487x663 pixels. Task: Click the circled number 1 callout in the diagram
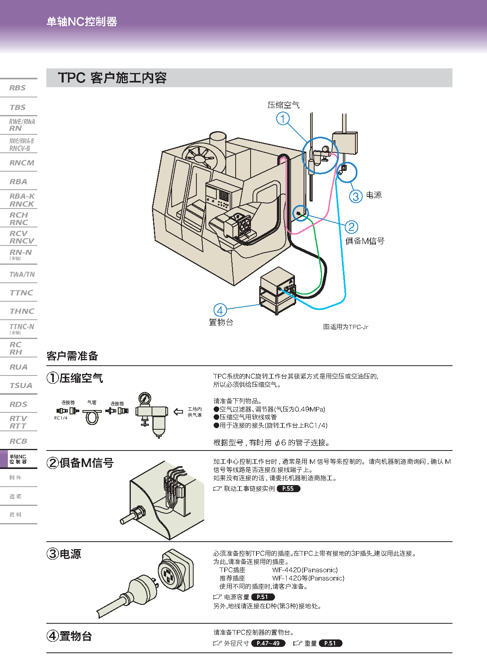pyautogui.click(x=283, y=118)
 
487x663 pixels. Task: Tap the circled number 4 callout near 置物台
pyautogui.click(x=220, y=310)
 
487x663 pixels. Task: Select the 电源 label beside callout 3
pyautogui.click(x=373, y=195)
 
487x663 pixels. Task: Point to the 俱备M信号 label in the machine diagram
pyautogui.click(x=364, y=241)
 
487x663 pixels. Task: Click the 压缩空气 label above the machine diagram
pyautogui.click(x=284, y=105)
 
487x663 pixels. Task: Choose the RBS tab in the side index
pyautogui.click(x=18, y=88)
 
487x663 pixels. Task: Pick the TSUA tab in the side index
pyautogui.click(x=21, y=385)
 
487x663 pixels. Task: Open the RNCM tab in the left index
pyautogui.click(x=22, y=163)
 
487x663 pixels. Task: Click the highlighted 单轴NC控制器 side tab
pyautogui.click(x=18, y=459)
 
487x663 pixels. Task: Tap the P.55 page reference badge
pyautogui.click(x=288, y=489)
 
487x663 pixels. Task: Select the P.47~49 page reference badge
pyautogui.click(x=268, y=643)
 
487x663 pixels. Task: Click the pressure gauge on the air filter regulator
pyautogui.click(x=145, y=399)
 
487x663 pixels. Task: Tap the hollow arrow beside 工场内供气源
pyautogui.click(x=178, y=412)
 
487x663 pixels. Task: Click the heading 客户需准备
pyautogui.click(x=72, y=356)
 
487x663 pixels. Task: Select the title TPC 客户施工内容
pyautogui.click(x=112, y=78)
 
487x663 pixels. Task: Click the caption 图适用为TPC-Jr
pyautogui.click(x=346, y=327)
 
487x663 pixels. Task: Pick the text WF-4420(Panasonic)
pyautogui.click(x=305, y=570)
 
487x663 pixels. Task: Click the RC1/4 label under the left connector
pyautogui.click(x=60, y=418)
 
